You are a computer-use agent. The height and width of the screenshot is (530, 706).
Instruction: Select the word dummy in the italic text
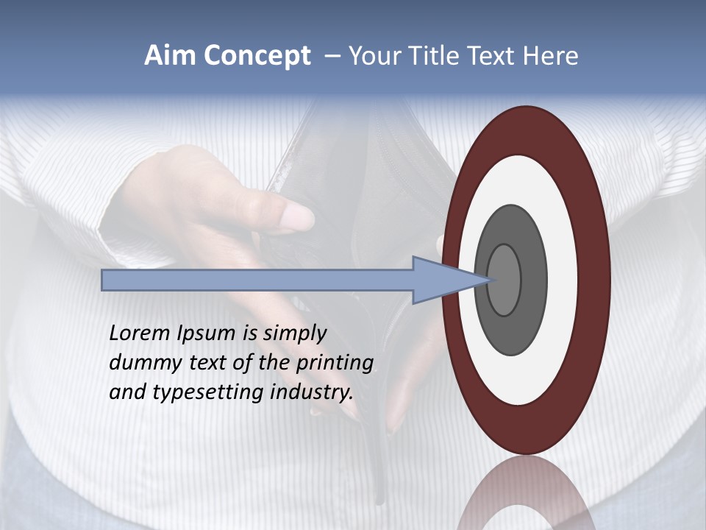point(140,363)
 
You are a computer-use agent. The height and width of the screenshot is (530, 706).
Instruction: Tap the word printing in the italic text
point(335,364)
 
